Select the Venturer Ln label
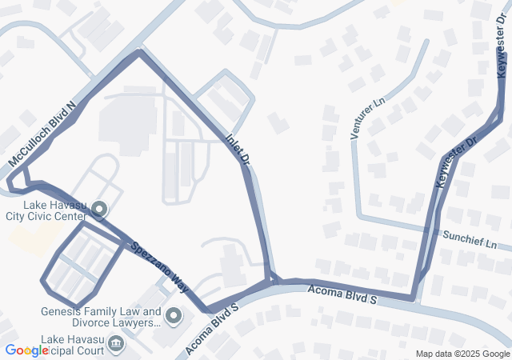click(367, 118)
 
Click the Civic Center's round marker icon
click(100, 210)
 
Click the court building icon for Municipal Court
click(117, 346)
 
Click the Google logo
click(26, 350)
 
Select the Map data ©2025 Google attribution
click(462, 354)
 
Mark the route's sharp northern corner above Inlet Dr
click(140, 52)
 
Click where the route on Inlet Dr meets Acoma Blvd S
click(273, 280)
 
